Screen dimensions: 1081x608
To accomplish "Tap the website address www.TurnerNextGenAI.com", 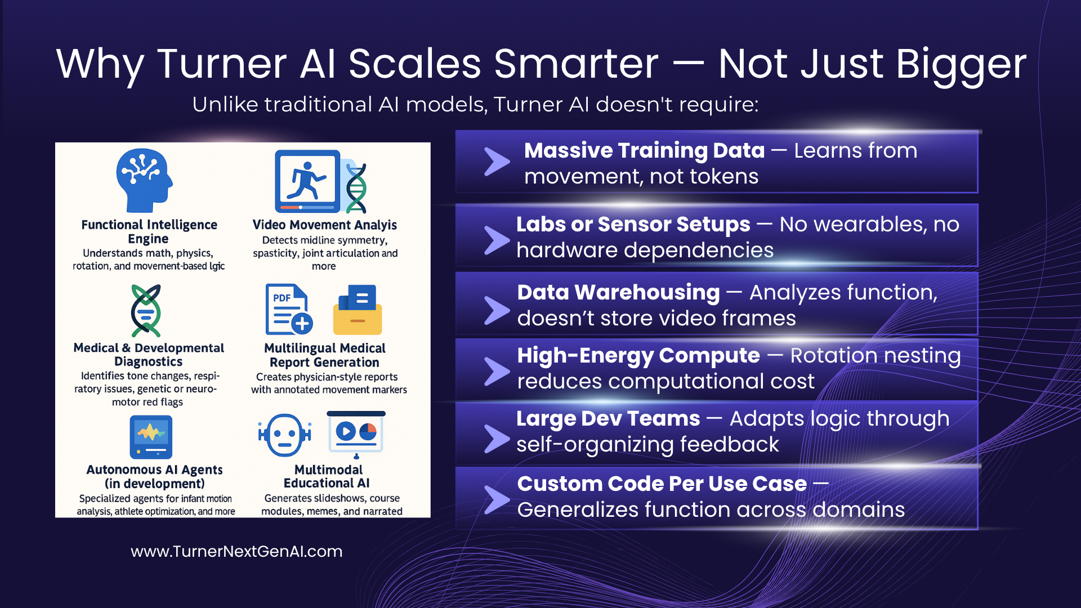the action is point(236,551).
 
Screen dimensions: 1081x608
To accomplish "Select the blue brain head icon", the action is point(144,180).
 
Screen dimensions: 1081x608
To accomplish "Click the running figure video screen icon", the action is point(307,181).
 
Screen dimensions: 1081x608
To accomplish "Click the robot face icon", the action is point(285,435).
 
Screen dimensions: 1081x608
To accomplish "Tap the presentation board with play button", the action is point(356,435).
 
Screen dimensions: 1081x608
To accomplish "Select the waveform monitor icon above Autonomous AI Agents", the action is point(151,437).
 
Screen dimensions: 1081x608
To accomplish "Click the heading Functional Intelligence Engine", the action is point(149,231).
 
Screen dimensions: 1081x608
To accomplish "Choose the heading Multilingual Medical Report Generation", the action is point(325,355).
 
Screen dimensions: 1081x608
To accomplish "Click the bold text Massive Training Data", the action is point(645,150).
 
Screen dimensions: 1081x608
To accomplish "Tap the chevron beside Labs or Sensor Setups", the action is point(497,240).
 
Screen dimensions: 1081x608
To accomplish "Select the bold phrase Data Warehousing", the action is point(619,292).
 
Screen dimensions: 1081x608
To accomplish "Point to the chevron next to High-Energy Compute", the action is point(497,372).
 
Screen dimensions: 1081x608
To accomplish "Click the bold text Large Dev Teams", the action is point(609,418).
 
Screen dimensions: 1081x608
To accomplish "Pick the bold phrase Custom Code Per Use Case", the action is point(662,484).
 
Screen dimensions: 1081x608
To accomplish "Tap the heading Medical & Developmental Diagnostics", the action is point(149,355).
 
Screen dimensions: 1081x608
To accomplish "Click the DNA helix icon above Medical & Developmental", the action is point(146,311).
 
